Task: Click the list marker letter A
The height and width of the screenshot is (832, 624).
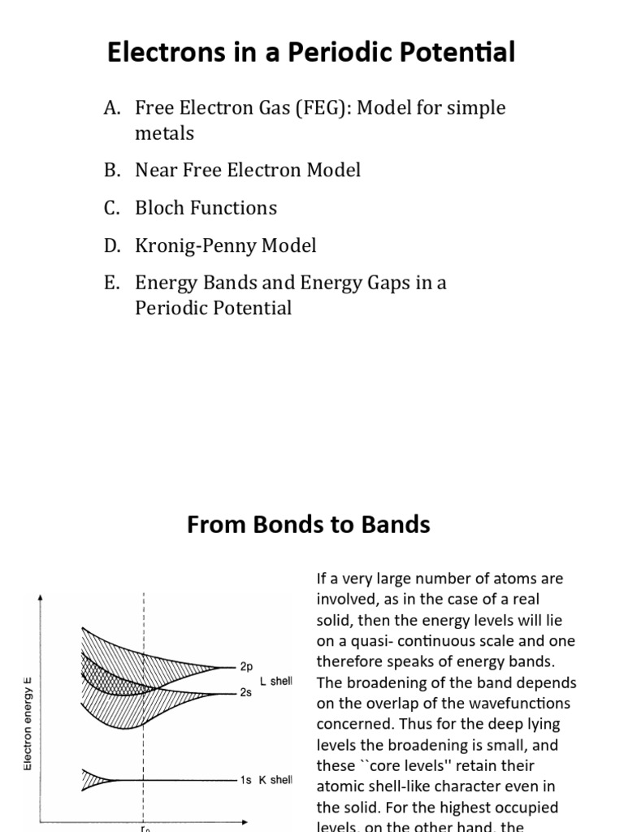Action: (111, 108)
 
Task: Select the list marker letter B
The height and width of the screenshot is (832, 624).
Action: (111, 171)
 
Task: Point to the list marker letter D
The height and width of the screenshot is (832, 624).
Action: (111, 245)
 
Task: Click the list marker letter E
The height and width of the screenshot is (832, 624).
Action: (111, 283)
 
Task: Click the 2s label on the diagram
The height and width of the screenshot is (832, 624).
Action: (247, 693)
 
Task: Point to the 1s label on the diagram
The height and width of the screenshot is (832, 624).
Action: (246, 780)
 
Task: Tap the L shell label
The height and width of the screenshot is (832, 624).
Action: (276, 681)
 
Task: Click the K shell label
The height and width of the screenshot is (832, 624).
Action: (275, 780)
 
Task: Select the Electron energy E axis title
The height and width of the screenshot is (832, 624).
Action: (28, 715)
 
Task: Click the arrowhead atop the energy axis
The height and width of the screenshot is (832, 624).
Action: (41, 598)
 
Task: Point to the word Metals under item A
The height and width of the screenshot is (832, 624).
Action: (164, 133)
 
